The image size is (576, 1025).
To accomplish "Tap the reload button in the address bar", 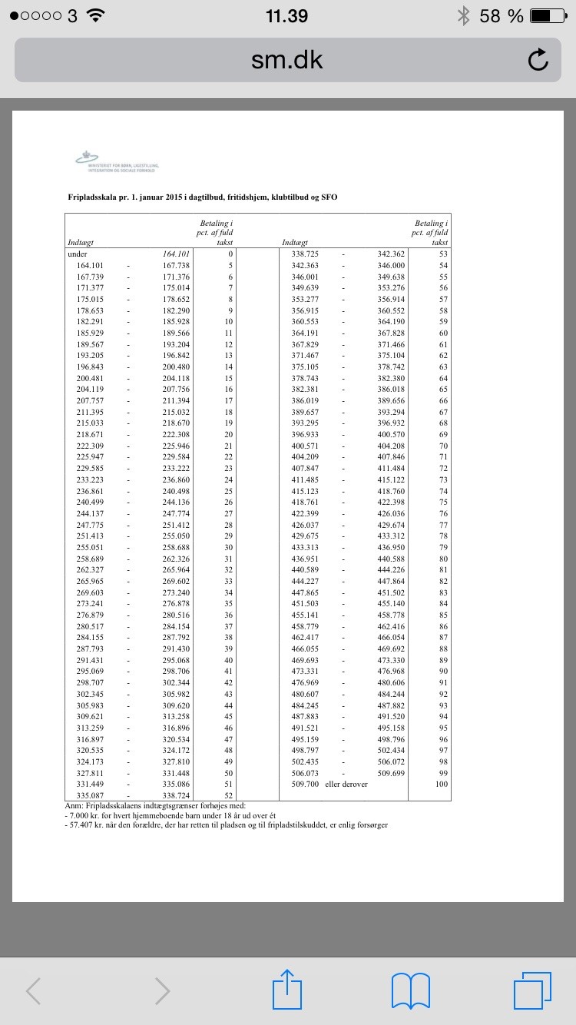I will point(538,59).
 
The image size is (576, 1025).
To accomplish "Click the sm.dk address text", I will point(287,60).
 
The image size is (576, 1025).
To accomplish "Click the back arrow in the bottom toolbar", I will point(34,990).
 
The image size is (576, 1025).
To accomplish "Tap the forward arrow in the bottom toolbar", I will point(162,990).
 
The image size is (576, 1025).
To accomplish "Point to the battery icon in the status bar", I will point(551,15).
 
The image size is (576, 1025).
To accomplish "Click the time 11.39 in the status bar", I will point(286,15).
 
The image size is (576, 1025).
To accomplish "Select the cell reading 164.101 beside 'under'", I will point(176,254).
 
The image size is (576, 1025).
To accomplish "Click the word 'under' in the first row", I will point(78,254).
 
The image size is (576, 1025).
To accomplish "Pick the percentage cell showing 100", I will point(441,784).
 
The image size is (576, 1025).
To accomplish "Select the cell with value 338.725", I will point(305,254).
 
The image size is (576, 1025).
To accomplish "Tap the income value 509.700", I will point(305,784).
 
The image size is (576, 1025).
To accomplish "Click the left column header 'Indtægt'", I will point(80,243).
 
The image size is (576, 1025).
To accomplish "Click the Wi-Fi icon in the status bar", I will point(95,15).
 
